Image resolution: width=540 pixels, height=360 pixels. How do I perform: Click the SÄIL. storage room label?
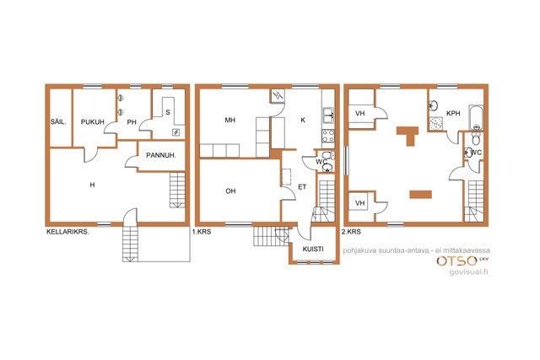click(x=58, y=122)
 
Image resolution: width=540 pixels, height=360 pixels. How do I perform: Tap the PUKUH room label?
click(x=93, y=122)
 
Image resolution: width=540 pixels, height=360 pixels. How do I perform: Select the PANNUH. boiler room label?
click(x=161, y=155)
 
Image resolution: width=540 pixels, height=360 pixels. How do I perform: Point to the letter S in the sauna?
click(x=168, y=112)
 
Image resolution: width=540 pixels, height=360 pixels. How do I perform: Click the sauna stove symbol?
click(x=176, y=132)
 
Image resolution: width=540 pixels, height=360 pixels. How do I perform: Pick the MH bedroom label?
click(x=230, y=120)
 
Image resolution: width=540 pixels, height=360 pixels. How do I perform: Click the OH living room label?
click(x=230, y=191)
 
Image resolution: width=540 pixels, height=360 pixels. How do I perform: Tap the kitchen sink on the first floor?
click(x=328, y=115)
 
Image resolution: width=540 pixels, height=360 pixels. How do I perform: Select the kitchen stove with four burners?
click(x=328, y=136)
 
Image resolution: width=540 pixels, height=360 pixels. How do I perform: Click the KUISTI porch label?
click(x=313, y=249)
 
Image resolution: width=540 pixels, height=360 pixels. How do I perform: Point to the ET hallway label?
click(x=302, y=187)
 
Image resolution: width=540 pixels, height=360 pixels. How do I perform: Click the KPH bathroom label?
click(x=453, y=113)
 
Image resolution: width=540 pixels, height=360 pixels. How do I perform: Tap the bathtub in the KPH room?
click(x=476, y=118)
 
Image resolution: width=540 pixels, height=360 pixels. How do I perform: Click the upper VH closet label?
click(x=360, y=113)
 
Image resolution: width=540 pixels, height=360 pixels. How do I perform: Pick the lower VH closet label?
click(x=360, y=203)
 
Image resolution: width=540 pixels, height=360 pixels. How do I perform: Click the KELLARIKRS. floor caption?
click(x=67, y=232)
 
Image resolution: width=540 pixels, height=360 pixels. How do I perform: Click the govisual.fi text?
click(x=469, y=271)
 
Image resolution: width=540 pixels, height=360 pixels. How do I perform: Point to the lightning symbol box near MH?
click(x=278, y=95)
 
